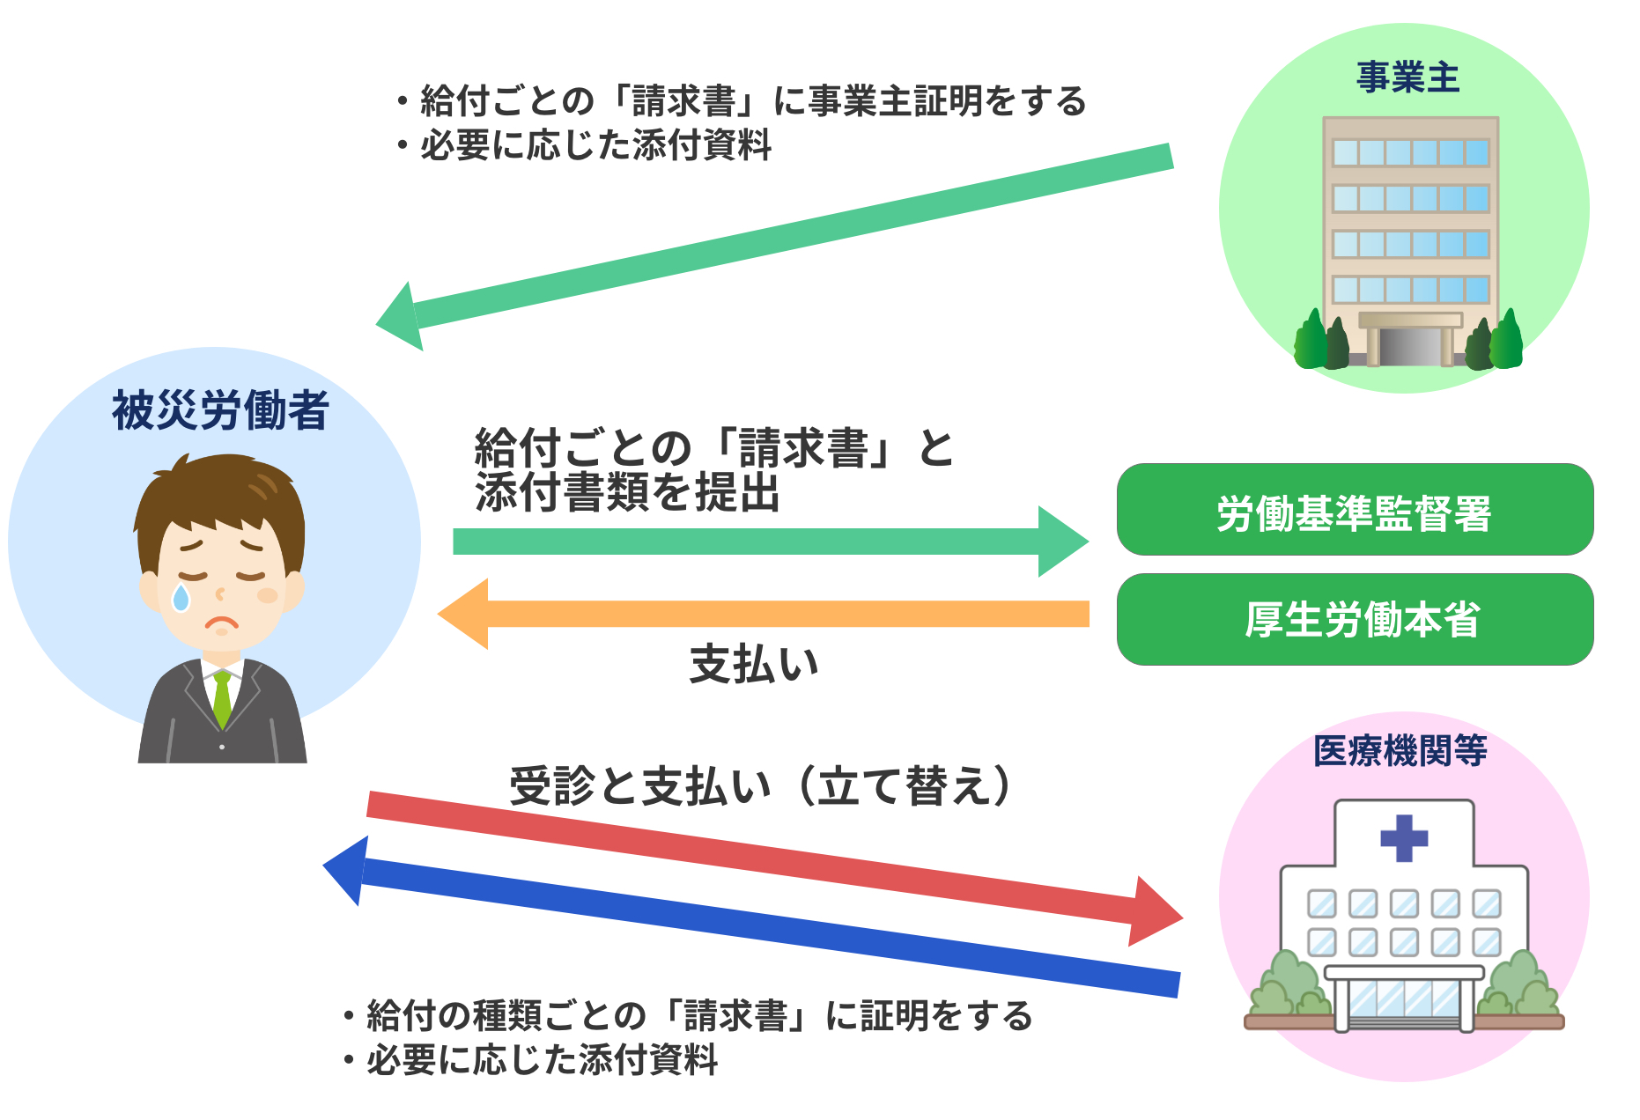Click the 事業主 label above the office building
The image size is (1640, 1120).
tap(1407, 77)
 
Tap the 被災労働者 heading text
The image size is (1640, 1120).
tap(220, 410)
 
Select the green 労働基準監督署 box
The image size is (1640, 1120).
tap(1355, 511)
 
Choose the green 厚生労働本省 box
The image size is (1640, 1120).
tap(1355, 620)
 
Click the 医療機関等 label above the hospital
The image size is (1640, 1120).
tap(1400, 751)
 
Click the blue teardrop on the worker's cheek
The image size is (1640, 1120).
tap(181, 598)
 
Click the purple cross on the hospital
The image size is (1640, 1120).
tap(1403, 837)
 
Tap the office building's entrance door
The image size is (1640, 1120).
tap(1409, 346)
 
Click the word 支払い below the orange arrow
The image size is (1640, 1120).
tap(754, 664)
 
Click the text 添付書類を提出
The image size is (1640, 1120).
tap(627, 493)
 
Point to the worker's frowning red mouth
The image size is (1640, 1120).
tap(222, 624)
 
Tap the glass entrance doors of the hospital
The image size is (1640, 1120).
tap(1403, 1000)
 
